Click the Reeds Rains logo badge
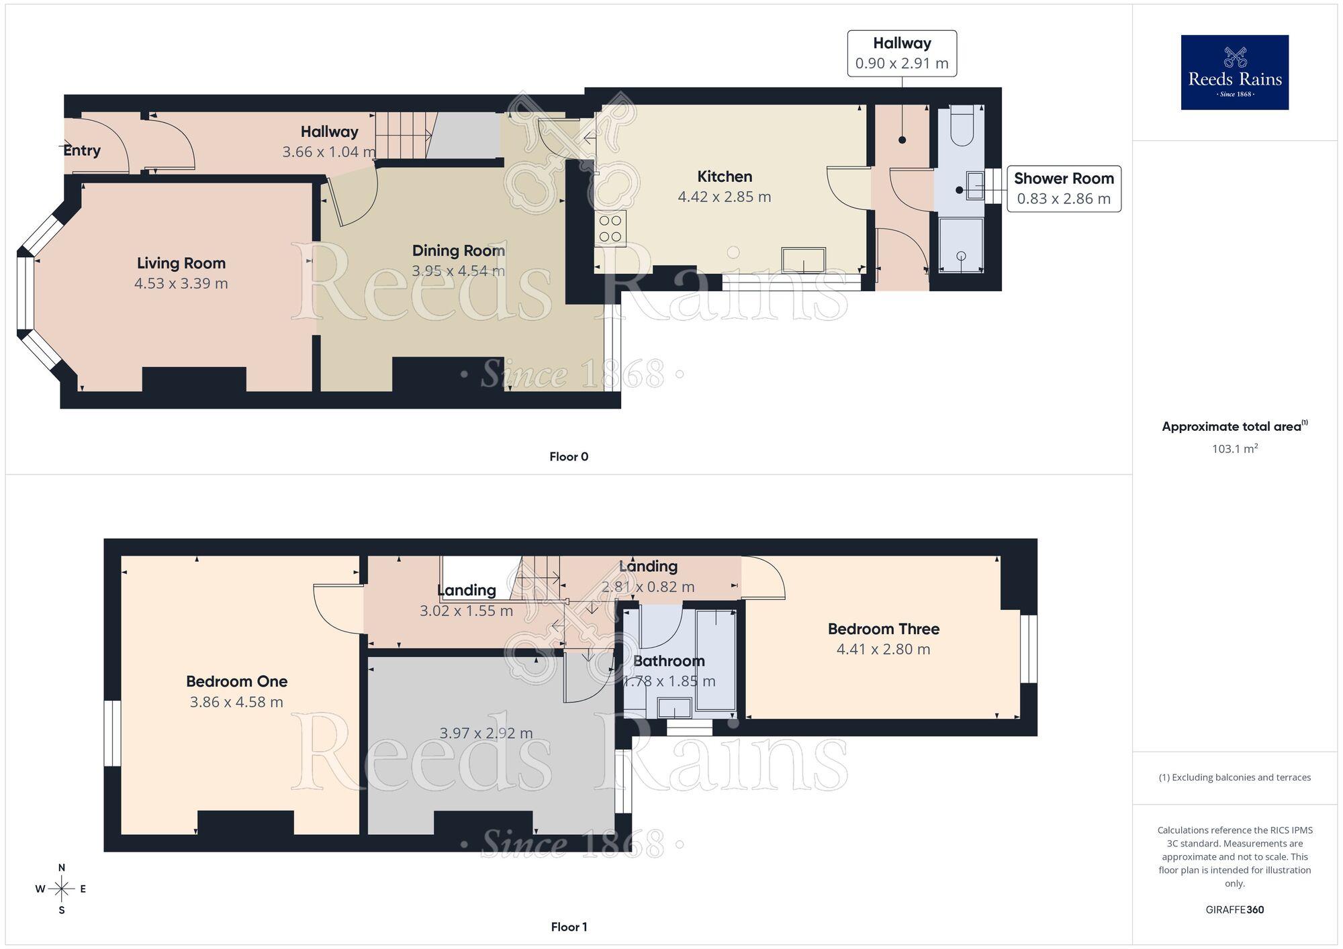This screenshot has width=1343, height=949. [x=1234, y=72]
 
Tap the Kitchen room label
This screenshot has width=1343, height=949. [x=724, y=177]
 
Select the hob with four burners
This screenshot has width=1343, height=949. [x=610, y=228]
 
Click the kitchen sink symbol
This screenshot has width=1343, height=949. [x=803, y=260]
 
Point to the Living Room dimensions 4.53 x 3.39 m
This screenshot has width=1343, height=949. [x=181, y=283]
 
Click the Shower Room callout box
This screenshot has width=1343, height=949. [x=1063, y=189]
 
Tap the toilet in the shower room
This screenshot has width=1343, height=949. [x=962, y=126]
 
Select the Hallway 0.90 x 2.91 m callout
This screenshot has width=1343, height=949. [x=901, y=53]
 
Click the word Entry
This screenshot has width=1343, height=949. [x=82, y=150]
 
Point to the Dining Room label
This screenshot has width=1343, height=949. [x=458, y=250]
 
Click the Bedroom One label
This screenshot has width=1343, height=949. [x=236, y=681]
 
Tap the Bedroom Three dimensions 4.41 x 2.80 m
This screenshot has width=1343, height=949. [x=883, y=649]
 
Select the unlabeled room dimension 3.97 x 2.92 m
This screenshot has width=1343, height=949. [x=485, y=733]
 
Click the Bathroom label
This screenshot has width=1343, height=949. [x=669, y=661]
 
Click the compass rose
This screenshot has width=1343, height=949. [x=61, y=889]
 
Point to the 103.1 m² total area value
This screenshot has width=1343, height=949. [x=1234, y=449]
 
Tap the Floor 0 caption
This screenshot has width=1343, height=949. [x=568, y=456]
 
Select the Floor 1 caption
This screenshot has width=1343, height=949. [x=568, y=927]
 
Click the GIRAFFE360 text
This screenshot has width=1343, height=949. [x=1234, y=909]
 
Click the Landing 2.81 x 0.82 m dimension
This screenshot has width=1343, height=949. [x=647, y=587]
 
